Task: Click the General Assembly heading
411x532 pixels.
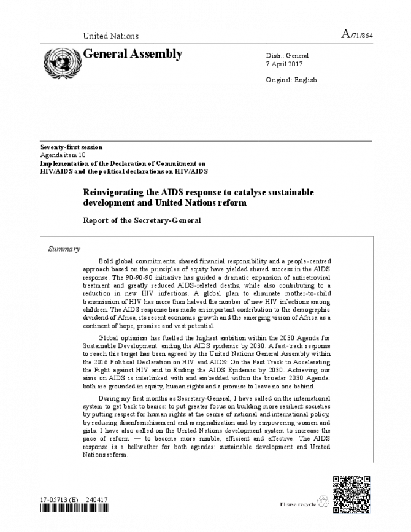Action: [133, 54]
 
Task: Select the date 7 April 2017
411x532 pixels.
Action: [284, 64]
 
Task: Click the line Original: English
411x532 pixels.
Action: [291, 80]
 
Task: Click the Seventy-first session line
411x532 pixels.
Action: [71, 147]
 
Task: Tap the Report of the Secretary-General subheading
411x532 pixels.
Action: [142, 220]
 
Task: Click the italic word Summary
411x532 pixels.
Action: [64, 249]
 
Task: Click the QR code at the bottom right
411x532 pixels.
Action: [351, 494]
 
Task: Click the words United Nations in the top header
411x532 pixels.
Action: [110, 36]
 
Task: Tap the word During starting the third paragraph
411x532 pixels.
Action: [110, 398]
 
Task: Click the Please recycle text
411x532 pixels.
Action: [298, 504]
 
